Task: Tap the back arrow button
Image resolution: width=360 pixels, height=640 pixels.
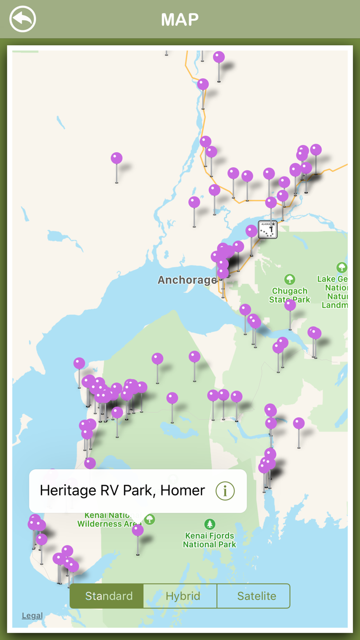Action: (x=23, y=20)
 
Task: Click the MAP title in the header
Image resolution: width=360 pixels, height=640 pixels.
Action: (x=180, y=20)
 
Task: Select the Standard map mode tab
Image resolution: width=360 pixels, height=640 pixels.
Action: (x=109, y=596)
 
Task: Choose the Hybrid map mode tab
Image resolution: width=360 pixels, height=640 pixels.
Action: (x=183, y=596)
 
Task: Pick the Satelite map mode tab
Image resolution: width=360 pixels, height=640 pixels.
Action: (x=256, y=596)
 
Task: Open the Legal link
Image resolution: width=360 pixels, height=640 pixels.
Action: (x=32, y=615)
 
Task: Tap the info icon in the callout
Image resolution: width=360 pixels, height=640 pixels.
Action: (x=225, y=491)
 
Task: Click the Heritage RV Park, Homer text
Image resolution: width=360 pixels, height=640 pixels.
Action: (x=122, y=490)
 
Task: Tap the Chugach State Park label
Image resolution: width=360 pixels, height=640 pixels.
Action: (x=290, y=295)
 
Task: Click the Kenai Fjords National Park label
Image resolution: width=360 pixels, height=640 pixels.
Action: (x=209, y=540)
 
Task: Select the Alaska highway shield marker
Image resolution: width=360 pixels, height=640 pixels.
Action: (x=267, y=229)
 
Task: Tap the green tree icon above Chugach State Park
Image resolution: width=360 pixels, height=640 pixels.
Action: (x=290, y=279)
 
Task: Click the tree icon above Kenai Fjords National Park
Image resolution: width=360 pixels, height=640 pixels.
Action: (x=209, y=524)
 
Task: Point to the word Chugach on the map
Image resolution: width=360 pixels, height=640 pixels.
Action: (x=290, y=291)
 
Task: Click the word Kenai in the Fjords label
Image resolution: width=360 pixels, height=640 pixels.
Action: (x=195, y=536)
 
